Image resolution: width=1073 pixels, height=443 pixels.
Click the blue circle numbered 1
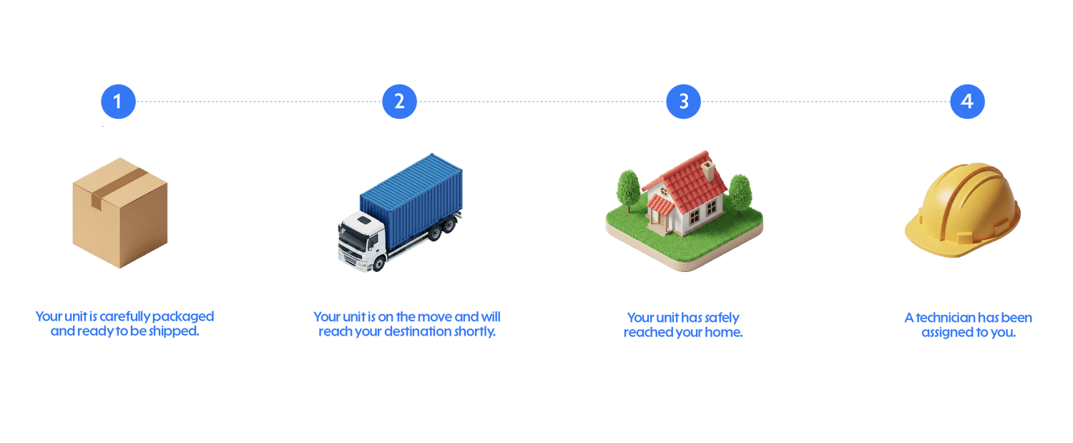click(x=118, y=101)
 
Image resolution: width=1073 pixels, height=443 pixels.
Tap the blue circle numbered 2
click(x=399, y=101)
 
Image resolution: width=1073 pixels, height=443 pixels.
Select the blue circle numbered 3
click(x=684, y=101)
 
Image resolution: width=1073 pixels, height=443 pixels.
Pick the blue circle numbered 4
click(x=968, y=101)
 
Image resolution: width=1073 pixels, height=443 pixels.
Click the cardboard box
click(x=119, y=213)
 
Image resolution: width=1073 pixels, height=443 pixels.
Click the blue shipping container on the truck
click(x=412, y=200)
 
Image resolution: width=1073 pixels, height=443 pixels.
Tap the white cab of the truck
click(x=362, y=242)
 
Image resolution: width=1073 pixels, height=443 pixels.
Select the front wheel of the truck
click(x=379, y=263)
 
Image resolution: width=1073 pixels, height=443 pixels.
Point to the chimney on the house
click(x=708, y=170)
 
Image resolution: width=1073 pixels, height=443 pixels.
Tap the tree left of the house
click(x=628, y=190)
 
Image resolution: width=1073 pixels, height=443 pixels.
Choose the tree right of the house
click(x=740, y=194)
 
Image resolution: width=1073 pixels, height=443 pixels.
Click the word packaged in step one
click(x=183, y=317)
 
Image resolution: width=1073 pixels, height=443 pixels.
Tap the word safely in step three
click(x=722, y=318)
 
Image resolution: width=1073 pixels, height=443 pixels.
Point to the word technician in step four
click(x=946, y=318)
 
